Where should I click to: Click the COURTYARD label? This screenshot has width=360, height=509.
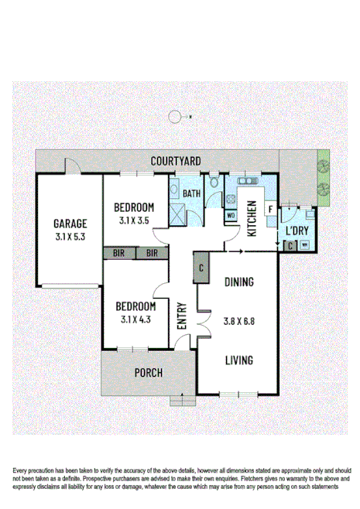coord(176,161)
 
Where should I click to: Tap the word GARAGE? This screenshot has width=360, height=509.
coord(70,224)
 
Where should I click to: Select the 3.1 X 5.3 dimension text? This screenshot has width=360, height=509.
coord(70,237)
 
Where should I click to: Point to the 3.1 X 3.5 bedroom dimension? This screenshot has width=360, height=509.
coord(135,220)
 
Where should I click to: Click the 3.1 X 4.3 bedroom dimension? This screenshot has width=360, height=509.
coord(135,318)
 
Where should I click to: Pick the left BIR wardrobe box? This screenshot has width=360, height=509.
coord(119,253)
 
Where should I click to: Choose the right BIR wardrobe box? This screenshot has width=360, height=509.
coord(152,253)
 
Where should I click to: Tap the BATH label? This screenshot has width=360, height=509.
coord(192,193)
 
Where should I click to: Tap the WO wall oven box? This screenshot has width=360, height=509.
coord(231,216)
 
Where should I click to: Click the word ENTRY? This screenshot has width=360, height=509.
coord(182,316)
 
